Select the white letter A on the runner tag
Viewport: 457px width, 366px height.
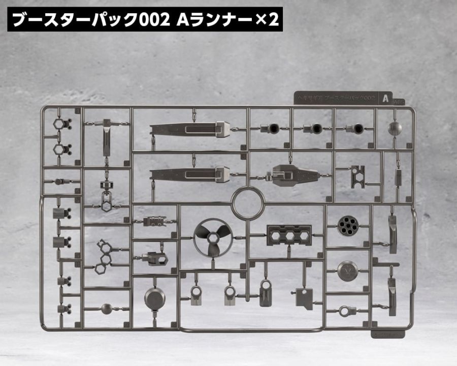click(x=386, y=98)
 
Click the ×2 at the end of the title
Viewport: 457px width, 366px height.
click(x=265, y=20)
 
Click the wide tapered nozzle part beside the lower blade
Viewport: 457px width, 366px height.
click(x=290, y=175)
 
